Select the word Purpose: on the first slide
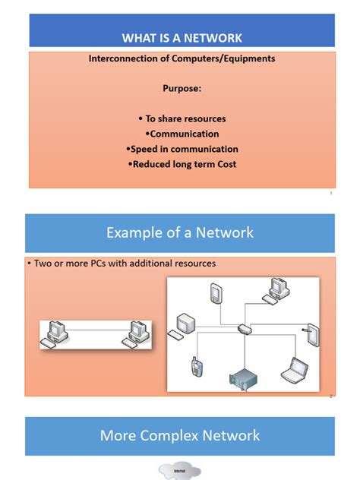[182, 88]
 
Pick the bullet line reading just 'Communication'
[183, 134]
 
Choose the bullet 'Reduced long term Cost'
[183, 164]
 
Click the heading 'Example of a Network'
[180, 232]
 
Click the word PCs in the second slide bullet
[103, 264]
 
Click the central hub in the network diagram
[244, 329]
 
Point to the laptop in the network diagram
[294, 368]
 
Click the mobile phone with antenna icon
[195, 368]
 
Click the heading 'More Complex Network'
[180, 435]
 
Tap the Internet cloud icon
[180, 472]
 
